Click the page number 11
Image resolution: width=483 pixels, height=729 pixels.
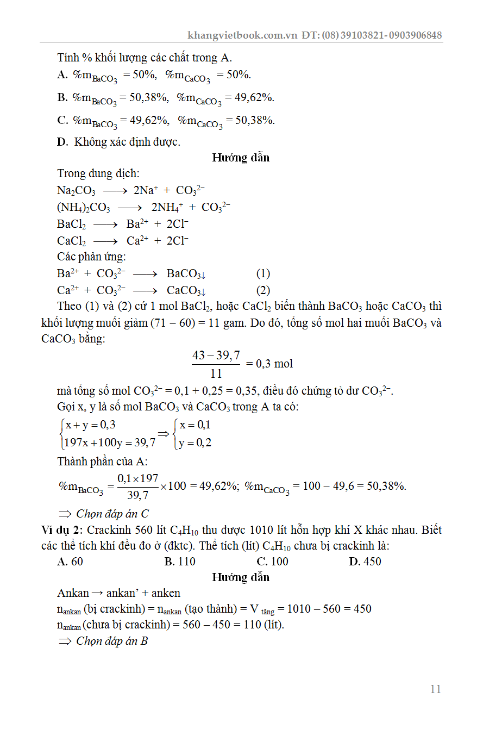pyautogui.click(x=435, y=689)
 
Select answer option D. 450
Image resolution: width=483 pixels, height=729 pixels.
pyautogui.click(x=365, y=562)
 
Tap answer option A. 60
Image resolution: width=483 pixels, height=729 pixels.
pyautogui.click(x=70, y=562)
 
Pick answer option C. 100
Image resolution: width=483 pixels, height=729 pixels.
pyautogui.click(x=272, y=562)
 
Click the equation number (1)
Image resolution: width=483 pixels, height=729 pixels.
pyautogui.click(x=263, y=274)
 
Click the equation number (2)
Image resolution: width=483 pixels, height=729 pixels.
pyautogui.click(x=263, y=290)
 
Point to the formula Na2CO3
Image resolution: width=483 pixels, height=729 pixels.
pyautogui.click(x=76, y=191)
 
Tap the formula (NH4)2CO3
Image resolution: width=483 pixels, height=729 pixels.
pyautogui.click(x=84, y=208)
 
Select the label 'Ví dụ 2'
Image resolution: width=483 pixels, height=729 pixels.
pyautogui.click(x=61, y=530)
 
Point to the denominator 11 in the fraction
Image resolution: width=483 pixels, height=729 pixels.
pyautogui.click(x=216, y=373)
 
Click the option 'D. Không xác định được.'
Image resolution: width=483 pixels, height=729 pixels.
pyautogui.click(x=118, y=142)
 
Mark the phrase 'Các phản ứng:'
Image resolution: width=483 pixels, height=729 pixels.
pyautogui.click(x=91, y=257)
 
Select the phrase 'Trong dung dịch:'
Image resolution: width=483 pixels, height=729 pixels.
pyautogui.click(x=98, y=174)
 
